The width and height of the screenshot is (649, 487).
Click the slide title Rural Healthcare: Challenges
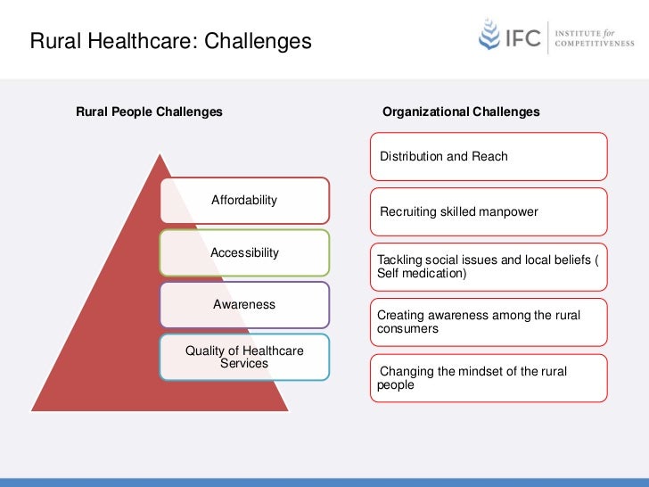click(x=171, y=41)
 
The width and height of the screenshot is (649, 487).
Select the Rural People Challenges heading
click(x=150, y=112)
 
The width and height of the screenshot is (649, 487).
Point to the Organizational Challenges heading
click(x=461, y=112)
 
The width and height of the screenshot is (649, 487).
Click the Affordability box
click(x=244, y=200)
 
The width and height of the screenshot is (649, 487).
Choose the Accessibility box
click(x=244, y=252)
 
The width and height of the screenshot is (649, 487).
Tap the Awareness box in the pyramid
click(x=244, y=304)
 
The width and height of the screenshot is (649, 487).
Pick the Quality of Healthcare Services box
click(x=244, y=357)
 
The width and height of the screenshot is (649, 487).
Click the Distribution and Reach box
click(x=489, y=157)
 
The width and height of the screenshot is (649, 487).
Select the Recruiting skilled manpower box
click(x=489, y=211)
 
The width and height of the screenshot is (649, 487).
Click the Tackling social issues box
click(x=489, y=266)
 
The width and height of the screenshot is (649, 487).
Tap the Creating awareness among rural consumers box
click(x=489, y=322)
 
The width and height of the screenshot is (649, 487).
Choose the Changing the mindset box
click(x=489, y=378)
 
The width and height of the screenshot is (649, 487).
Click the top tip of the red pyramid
click(x=160, y=155)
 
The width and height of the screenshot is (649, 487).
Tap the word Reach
click(x=489, y=157)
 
